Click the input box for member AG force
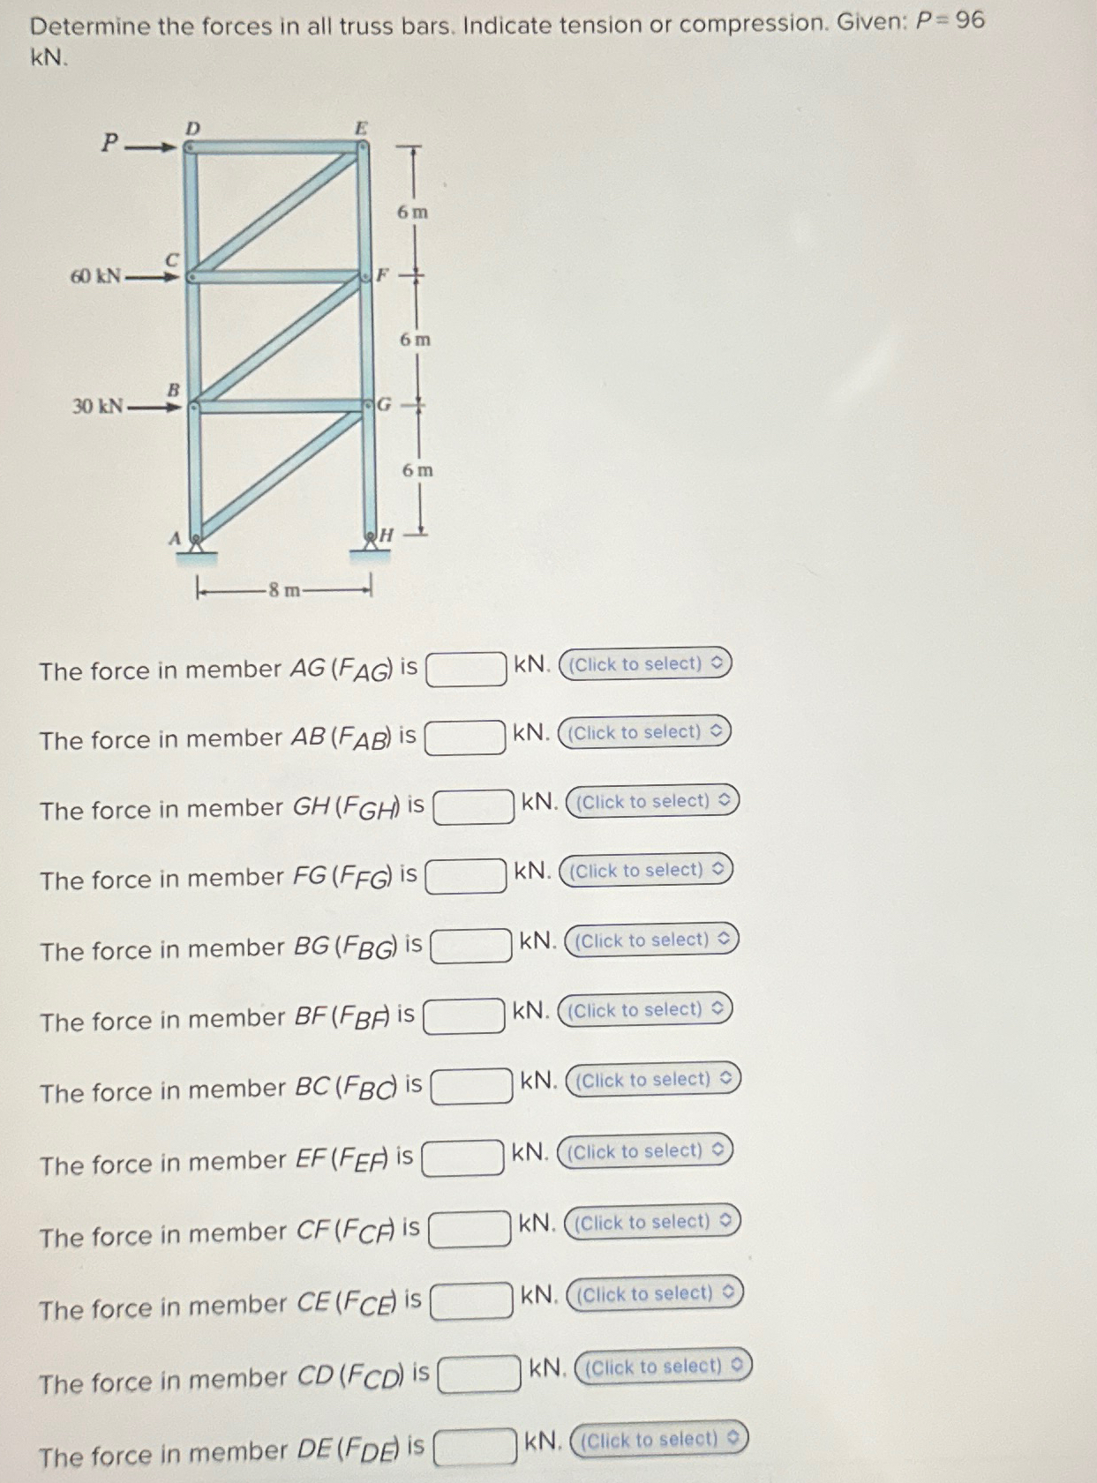pyautogui.click(x=466, y=669)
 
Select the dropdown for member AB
pyautogui.click(x=645, y=732)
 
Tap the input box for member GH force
pyautogui.click(x=473, y=807)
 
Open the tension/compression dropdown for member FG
pyautogui.click(x=646, y=871)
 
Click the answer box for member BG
pyautogui.click(x=470, y=946)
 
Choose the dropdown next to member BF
pyautogui.click(x=645, y=1009)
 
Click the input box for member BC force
pyautogui.click(x=471, y=1086)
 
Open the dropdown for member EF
pyautogui.click(x=645, y=1151)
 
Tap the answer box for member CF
pyautogui.click(x=470, y=1229)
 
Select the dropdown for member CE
pyautogui.click(x=655, y=1294)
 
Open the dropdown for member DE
pyautogui.click(x=659, y=1440)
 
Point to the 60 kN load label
pyautogui.click(x=95, y=276)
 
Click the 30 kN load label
pyautogui.click(x=97, y=406)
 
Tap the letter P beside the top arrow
pyautogui.click(x=109, y=142)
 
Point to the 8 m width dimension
pyautogui.click(x=284, y=590)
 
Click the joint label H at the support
pyautogui.click(x=387, y=535)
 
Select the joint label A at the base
pyautogui.click(x=175, y=537)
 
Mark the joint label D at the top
pyautogui.click(x=192, y=128)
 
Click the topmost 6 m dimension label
pyautogui.click(x=412, y=212)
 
